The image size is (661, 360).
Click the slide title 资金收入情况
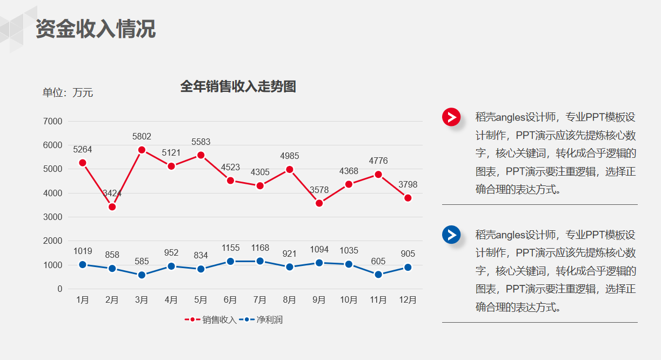(96, 29)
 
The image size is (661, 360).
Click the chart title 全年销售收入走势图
(238, 86)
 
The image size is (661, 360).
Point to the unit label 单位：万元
(68, 93)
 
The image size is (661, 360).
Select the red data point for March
(142, 150)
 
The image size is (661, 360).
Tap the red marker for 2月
(112, 207)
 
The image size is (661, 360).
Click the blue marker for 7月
(260, 261)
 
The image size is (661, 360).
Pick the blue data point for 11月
(378, 275)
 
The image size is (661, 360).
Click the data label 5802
(142, 136)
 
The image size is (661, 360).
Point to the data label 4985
(289, 156)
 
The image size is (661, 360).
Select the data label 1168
(260, 248)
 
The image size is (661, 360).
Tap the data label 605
(378, 262)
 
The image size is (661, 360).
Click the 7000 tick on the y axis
(52, 122)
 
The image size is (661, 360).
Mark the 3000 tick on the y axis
(52, 217)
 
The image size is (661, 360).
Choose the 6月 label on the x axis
(230, 300)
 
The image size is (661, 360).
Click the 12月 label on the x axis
(408, 300)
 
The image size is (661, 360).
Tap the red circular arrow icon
(451, 117)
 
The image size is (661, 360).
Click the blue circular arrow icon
(451, 235)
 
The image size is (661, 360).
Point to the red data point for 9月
(319, 203)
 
